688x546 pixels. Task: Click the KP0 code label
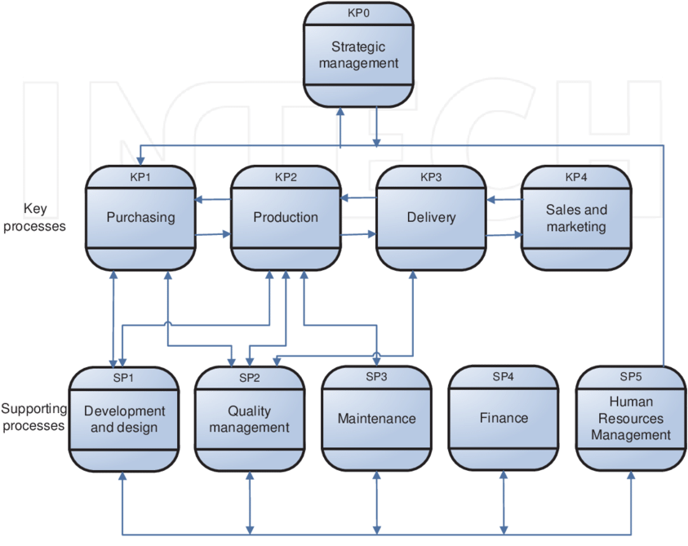[x=358, y=14]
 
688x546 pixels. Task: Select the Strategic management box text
[x=358, y=55]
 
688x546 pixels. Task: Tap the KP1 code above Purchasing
[x=140, y=177]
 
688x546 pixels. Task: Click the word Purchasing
[x=140, y=217]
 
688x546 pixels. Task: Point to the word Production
[x=286, y=217]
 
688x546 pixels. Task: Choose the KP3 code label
[x=430, y=177]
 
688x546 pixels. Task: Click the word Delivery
[x=431, y=217]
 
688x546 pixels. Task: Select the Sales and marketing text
[x=576, y=218]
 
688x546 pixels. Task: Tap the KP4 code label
[x=576, y=177]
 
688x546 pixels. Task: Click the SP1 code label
[x=123, y=378]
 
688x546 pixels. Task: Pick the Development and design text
[x=124, y=419]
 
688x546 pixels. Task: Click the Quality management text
[x=249, y=419]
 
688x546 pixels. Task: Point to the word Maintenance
[x=376, y=419]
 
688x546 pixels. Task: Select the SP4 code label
[x=504, y=377]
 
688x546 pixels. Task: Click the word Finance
[x=504, y=418]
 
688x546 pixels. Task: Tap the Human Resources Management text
[x=631, y=419]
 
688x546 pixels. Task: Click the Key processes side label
[x=35, y=218]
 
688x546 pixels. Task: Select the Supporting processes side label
[x=33, y=417]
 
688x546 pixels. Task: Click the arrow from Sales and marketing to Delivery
[x=504, y=198]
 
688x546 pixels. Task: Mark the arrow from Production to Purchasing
[x=213, y=200]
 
